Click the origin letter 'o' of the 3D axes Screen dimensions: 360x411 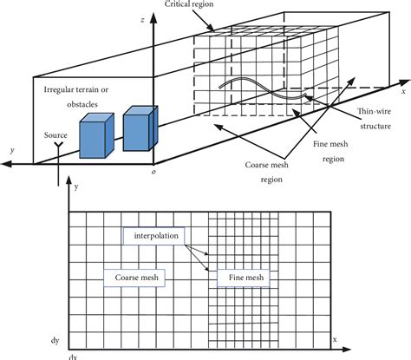click(x=153, y=171)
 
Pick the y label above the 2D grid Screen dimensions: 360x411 click(x=79, y=187)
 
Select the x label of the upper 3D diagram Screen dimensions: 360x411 click(x=402, y=89)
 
